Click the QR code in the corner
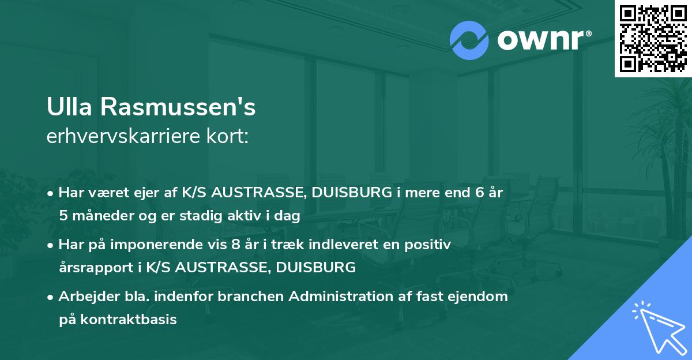pos(653,38)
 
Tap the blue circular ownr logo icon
pos(470,40)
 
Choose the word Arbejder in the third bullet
pos(85,297)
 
